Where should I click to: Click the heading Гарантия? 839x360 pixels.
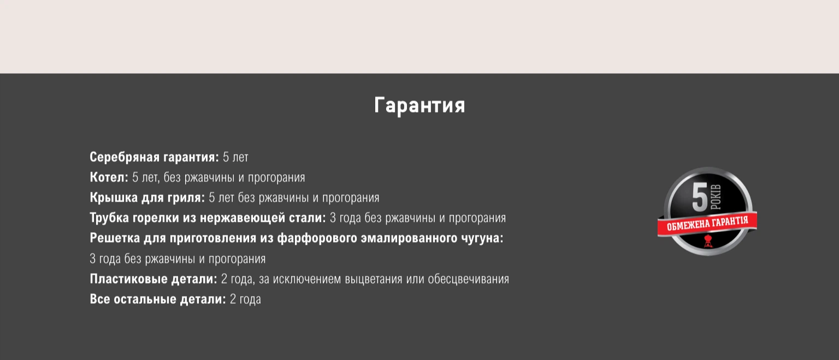pos(419,105)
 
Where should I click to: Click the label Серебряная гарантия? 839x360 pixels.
pos(155,157)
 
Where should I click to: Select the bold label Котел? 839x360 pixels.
pos(109,177)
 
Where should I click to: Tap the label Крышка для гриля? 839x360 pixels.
pos(147,197)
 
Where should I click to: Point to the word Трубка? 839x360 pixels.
pos(109,217)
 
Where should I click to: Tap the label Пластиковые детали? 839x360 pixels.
pos(153,279)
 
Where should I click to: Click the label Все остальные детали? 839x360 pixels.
pos(158,299)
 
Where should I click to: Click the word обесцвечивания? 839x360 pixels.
pos(469,279)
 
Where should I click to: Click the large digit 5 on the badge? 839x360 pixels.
pos(699,197)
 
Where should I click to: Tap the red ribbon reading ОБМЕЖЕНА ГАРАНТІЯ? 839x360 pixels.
pos(707,223)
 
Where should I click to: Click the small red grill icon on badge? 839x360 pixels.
pos(707,241)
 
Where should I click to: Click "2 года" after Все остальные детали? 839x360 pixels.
pos(245,299)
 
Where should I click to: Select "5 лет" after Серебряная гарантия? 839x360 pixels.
pos(235,157)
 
